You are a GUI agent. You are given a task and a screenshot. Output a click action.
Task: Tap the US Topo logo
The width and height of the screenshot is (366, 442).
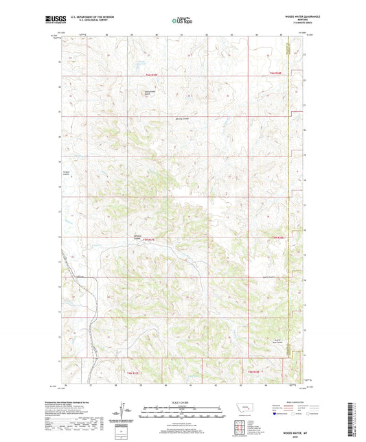(x=183, y=21)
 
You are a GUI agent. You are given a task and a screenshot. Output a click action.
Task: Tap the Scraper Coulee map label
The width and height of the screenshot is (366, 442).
(x=67, y=172)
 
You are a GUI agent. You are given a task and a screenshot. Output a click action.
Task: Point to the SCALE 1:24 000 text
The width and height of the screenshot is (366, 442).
(x=183, y=402)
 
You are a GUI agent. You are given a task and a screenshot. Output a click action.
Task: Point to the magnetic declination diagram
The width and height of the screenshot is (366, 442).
(x=126, y=412)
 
